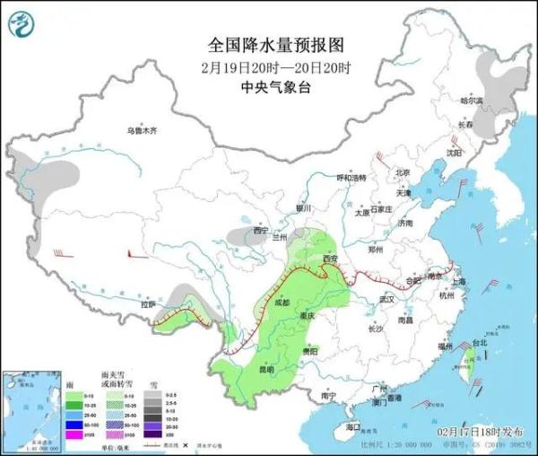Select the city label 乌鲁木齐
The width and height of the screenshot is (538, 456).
tap(141, 131)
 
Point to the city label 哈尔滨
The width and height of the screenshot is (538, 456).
tap(471, 101)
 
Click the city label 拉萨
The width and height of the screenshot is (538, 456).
tap(148, 304)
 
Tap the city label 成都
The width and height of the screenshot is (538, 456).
tap(284, 302)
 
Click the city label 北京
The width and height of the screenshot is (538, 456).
tap(402, 172)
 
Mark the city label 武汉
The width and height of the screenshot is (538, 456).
tap(387, 298)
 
